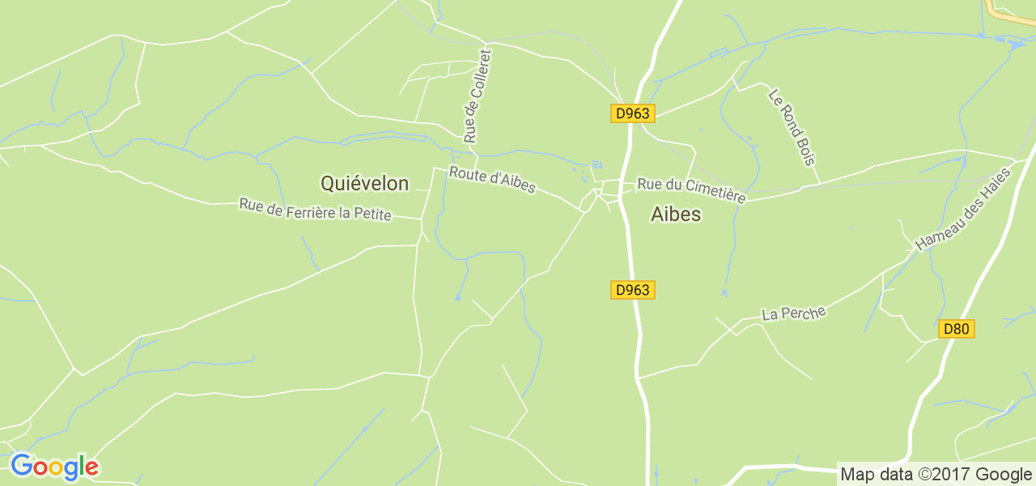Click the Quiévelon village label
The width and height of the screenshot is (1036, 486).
click(364, 184)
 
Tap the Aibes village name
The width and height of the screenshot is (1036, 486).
click(676, 215)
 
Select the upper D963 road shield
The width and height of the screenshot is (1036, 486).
click(632, 113)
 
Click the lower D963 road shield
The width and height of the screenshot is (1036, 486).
click(632, 290)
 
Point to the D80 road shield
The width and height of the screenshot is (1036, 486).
click(957, 329)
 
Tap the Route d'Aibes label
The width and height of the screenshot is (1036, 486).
click(492, 180)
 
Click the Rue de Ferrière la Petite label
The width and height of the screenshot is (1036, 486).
click(315, 210)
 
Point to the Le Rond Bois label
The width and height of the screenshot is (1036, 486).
click(792, 127)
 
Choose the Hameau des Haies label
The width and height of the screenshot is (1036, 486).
click(963, 209)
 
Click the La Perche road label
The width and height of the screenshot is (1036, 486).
click(793, 313)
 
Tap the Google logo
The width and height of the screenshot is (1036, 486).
click(54, 467)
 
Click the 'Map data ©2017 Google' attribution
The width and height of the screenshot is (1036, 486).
click(936, 475)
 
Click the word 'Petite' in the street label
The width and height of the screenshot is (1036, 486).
click(373, 215)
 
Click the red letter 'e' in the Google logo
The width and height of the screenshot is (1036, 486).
click(91, 468)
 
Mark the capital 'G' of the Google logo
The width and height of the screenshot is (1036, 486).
click(21, 466)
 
